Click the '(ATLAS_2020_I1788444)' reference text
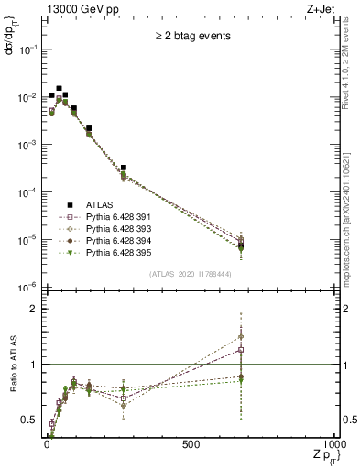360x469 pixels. [x=191, y=275]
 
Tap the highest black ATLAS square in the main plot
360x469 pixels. [x=60, y=89]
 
